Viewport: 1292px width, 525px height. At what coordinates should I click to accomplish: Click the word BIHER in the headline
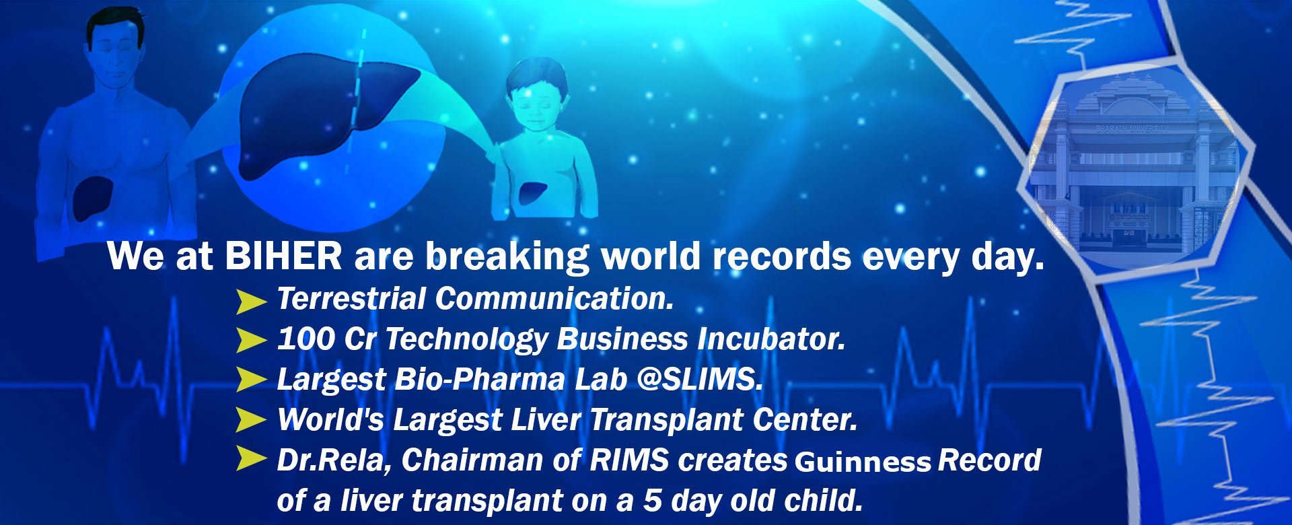[x=283, y=256]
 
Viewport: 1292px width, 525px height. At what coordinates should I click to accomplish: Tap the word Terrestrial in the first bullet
[x=351, y=299]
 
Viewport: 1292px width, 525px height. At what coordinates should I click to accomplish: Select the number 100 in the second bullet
[x=306, y=339]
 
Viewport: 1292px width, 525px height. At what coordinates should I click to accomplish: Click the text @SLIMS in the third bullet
[x=700, y=379]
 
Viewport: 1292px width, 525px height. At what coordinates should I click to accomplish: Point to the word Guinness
[x=863, y=462]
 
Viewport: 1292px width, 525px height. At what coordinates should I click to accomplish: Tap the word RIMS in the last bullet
[x=629, y=460]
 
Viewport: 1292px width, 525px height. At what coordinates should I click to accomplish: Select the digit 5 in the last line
[x=652, y=501]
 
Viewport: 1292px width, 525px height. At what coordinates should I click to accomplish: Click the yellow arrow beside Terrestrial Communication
[x=251, y=301]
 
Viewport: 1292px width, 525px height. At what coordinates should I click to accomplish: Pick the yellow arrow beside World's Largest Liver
[x=251, y=420]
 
